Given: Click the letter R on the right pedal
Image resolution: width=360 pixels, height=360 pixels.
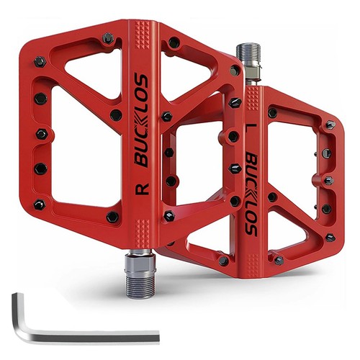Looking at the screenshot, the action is click(x=143, y=189).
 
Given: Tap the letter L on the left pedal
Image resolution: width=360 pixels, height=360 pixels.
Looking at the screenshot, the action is click(x=252, y=128).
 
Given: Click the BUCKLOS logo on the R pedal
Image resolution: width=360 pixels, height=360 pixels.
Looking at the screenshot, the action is click(x=142, y=120).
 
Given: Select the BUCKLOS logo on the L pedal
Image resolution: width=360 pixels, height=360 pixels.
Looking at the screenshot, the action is click(x=251, y=195).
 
